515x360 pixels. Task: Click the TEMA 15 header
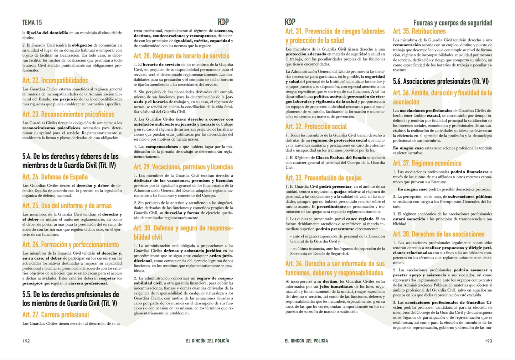(x=32, y=23)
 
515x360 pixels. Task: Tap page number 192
(x=26, y=341)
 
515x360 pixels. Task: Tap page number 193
(x=488, y=341)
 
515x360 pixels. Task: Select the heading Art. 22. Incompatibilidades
(x=55, y=80)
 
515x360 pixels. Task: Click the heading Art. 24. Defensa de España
(x=55, y=177)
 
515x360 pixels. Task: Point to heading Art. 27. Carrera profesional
(x=56, y=315)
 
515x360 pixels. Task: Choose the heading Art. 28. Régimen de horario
(x=181, y=56)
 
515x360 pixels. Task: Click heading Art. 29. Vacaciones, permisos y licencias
(x=183, y=167)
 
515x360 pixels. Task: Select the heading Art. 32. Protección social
(x=316, y=127)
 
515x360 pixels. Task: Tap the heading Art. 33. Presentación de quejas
(x=323, y=178)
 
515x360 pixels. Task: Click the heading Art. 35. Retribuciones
(x=419, y=31)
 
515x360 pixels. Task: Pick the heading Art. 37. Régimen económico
(x=427, y=163)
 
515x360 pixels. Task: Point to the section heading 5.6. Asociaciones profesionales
(x=441, y=82)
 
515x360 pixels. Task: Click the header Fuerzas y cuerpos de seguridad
(x=453, y=23)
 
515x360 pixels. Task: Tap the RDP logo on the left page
(x=223, y=22)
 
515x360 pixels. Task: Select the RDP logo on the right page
(x=290, y=22)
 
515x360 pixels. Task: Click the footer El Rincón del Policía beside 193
(x=306, y=341)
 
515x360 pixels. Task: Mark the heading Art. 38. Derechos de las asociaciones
(x=438, y=234)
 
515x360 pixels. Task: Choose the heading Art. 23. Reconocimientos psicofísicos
(x=68, y=114)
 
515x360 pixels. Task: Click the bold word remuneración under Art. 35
(x=407, y=45)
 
